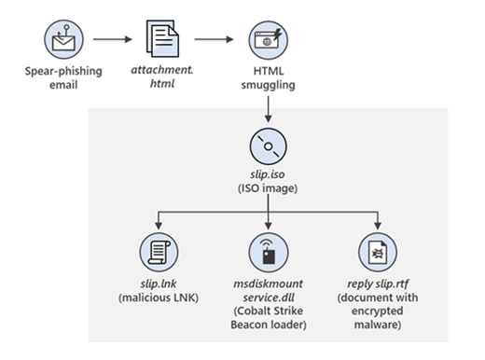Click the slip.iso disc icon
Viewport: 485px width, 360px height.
tap(269, 147)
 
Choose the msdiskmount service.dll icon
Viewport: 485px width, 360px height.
tap(269, 254)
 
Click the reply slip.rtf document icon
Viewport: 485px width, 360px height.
tap(379, 254)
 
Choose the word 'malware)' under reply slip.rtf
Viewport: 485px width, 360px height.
tap(379, 325)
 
